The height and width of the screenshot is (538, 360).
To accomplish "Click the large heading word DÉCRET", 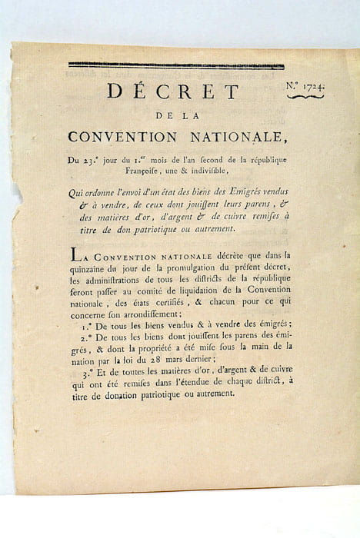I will (173, 92).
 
